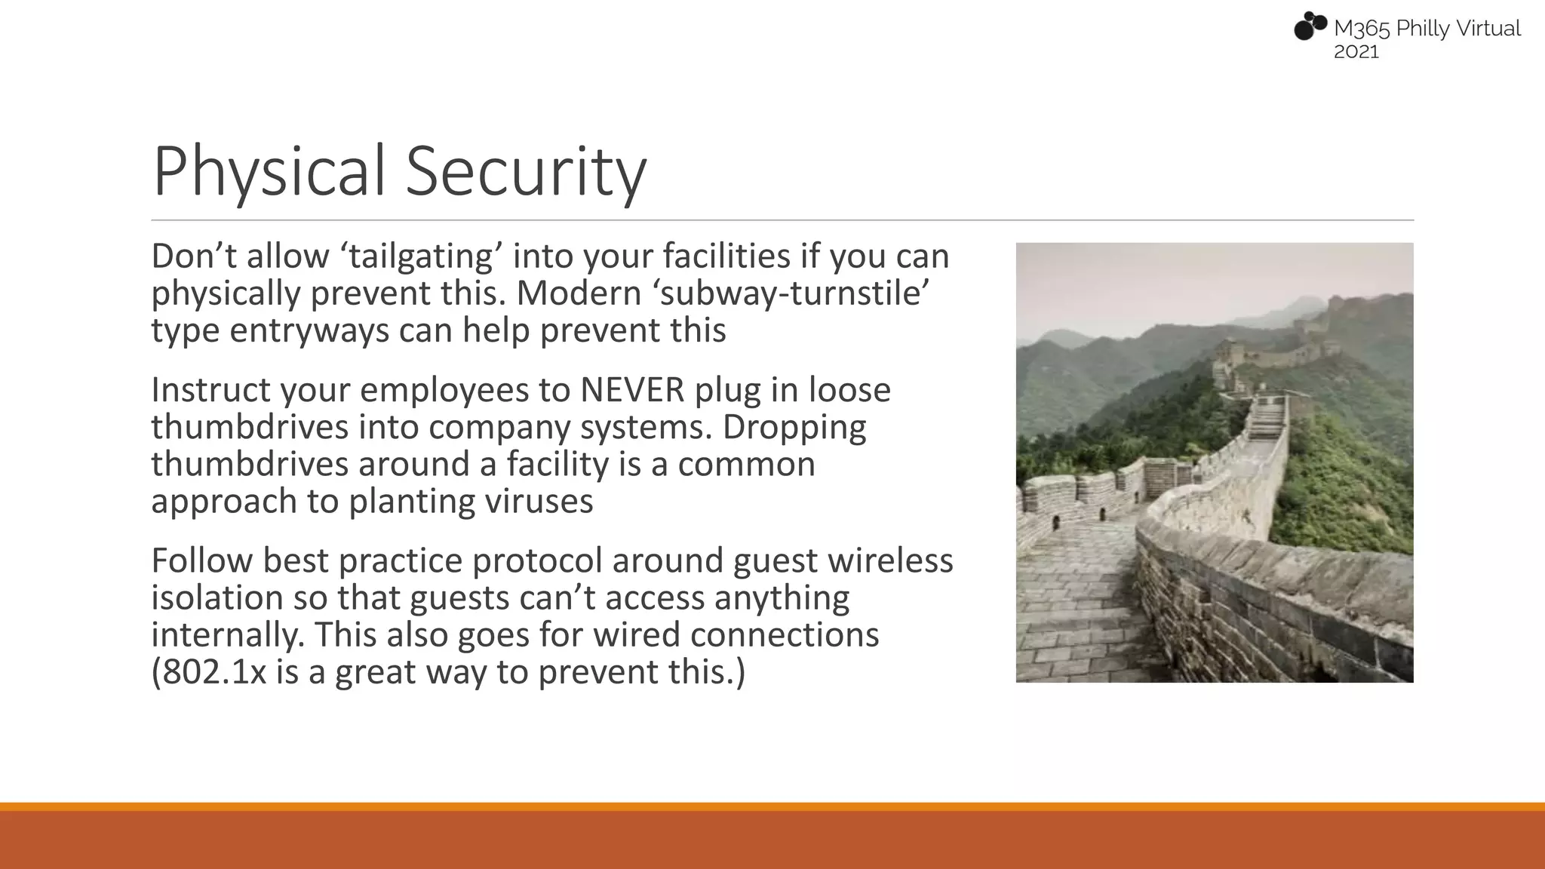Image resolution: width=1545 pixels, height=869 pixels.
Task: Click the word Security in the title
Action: pyautogui.click(x=526, y=172)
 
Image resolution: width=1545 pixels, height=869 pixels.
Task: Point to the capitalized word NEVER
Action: pyautogui.click(x=632, y=390)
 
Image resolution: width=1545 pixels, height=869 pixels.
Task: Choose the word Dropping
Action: pyautogui.click(x=794, y=427)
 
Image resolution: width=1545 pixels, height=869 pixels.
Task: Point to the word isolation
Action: pyautogui.click(x=217, y=597)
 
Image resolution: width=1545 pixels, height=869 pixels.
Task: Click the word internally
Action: pyautogui.click(x=228, y=634)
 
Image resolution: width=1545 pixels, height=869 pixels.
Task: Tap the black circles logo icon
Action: pyautogui.click(x=1310, y=26)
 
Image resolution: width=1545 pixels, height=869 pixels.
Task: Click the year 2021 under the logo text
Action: pyautogui.click(x=1356, y=52)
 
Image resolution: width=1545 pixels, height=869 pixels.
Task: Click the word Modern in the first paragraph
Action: pyautogui.click(x=579, y=293)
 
